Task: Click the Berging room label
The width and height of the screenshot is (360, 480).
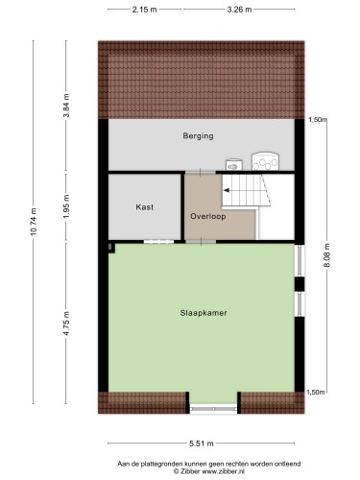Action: coord(198,136)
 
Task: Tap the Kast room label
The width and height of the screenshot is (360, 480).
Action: coord(145,207)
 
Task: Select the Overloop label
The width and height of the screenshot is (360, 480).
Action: coord(208,216)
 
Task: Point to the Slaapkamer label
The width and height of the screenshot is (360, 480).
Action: coord(204,313)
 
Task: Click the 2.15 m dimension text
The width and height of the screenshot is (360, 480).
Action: coord(145,10)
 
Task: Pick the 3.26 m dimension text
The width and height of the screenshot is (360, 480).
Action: coord(239,10)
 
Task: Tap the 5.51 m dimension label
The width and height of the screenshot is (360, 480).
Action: coord(202,444)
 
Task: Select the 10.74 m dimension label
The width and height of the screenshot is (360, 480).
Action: coord(34,222)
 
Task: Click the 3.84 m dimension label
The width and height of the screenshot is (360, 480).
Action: coord(66,106)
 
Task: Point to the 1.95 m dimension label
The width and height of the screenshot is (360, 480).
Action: coord(66,206)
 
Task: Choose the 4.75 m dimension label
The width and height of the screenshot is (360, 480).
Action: coord(66,324)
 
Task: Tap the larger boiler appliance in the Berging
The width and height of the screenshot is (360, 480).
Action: coord(265,161)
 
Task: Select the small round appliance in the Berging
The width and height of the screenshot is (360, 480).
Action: coord(234,165)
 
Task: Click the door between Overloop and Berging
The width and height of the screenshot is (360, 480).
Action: coord(201,173)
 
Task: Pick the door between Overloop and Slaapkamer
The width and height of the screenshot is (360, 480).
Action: coord(201,242)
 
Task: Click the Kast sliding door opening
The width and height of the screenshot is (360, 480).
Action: coord(158,242)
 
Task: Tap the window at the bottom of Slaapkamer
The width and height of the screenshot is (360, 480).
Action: coord(213,409)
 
